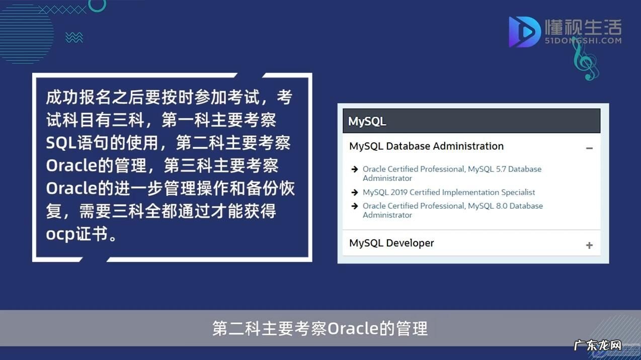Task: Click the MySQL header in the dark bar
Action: tap(367, 121)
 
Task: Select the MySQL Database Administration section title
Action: tap(426, 146)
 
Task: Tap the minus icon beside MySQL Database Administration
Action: tap(589, 148)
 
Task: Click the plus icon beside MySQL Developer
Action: tap(589, 245)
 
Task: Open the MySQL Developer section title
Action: tap(391, 243)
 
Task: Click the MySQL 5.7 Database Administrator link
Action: tap(452, 173)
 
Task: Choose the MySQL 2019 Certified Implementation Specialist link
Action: tap(449, 192)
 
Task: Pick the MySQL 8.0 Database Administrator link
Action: tap(452, 210)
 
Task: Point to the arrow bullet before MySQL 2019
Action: tap(355, 193)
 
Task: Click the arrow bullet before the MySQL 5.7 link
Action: tap(355, 169)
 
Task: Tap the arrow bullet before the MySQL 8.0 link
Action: tap(355, 206)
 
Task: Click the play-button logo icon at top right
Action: tap(524, 32)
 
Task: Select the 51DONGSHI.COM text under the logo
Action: tap(583, 41)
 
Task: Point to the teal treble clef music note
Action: tap(585, 60)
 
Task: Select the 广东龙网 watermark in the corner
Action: tap(598, 346)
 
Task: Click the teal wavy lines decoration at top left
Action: tap(74, 37)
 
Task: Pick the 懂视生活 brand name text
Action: tap(583, 27)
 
